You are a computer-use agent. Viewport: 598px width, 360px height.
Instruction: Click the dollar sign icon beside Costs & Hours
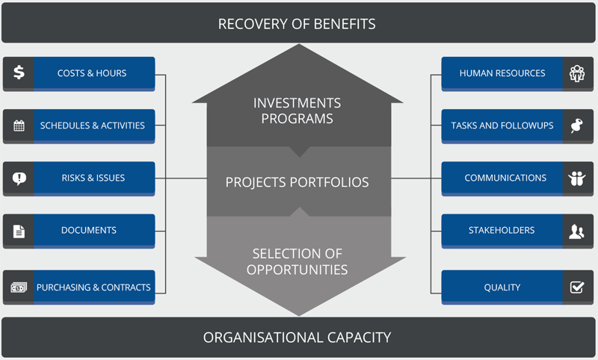point(19,72)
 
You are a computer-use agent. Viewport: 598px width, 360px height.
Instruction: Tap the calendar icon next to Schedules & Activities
point(19,125)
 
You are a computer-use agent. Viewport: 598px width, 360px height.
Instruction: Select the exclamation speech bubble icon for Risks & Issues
point(19,179)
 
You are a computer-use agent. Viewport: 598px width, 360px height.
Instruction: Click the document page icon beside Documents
point(19,231)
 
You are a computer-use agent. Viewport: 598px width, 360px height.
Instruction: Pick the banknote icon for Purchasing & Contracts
point(19,288)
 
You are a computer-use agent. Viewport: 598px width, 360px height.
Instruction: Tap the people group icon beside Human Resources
point(577,73)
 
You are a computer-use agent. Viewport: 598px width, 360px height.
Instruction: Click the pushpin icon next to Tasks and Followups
point(576,125)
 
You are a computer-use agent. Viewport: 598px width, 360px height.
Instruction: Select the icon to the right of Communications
point(576,179)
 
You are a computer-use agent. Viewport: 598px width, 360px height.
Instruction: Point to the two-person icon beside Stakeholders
point(576,231)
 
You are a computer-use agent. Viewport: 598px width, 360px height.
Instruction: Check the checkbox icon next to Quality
point(577,287)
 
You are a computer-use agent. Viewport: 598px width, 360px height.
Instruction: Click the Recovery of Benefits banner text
point(297,24)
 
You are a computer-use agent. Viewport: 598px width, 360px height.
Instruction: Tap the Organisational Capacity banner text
point(297,338)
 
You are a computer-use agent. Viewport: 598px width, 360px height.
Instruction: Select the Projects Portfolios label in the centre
point(297,182)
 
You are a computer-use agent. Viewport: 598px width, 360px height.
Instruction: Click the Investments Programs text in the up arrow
point(297,111)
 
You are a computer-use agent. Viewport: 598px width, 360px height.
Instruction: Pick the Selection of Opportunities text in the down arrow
point(297,261)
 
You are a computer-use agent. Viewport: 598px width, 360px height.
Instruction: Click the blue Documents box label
point(89,230)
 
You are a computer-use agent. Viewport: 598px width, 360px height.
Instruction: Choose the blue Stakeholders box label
point(502,230)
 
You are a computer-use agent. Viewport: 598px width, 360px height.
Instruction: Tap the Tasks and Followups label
point(502,125)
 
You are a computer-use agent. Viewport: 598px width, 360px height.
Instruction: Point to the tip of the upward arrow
point(299,44)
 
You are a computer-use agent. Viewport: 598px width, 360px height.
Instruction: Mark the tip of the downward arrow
point(299,316)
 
